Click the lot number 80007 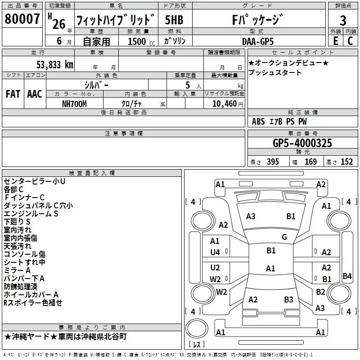point(22,20)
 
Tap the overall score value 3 point(343,21)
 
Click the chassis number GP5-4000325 point(302,143)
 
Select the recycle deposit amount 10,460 point(224,103)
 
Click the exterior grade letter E point(335,41)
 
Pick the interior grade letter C point(350,41)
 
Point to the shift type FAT point(13,94)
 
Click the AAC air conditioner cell point(34,94)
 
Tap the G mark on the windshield point(284,237)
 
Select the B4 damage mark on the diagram point(347,276)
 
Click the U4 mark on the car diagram point(215,252)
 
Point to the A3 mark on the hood point(251,216)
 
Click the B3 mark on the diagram point(288,299)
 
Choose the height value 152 point(346,162)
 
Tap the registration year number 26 point(58,23)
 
